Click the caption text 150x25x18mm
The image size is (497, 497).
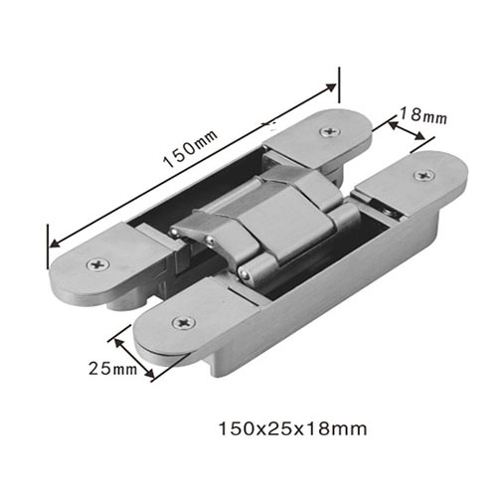[293, 429]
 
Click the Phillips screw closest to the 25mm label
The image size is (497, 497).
[182, 323]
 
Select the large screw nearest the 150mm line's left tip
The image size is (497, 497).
[96, 264]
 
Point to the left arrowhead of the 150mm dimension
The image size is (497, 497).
[53, 240]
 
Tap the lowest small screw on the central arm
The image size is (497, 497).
[241, 270]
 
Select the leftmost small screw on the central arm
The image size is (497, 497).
[173, 232]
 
